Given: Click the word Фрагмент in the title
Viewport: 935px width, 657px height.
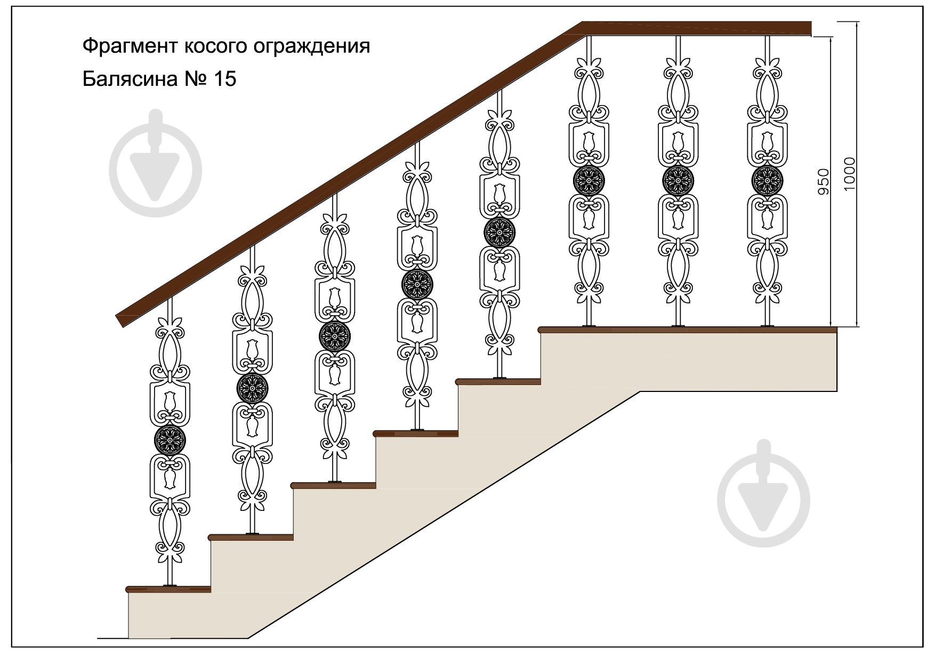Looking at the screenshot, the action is [x=130, y=46].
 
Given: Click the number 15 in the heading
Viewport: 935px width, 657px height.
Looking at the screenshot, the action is [x=224, y=79].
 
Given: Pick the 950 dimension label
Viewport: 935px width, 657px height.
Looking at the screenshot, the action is [x=824, y=181].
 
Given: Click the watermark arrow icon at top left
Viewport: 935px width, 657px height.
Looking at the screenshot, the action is [x=155, y=164].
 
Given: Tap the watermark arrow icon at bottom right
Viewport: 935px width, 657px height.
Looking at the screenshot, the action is [x=763, y=494].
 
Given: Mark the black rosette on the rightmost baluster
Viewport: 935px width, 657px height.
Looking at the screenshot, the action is [x=767, y=181].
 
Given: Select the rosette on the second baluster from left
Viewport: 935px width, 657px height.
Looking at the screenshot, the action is [x=252, y=388].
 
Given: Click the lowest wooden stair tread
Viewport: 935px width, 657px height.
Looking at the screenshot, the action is [x=168, y=589].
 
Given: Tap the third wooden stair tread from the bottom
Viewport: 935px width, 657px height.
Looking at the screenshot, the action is [x=334, y=485].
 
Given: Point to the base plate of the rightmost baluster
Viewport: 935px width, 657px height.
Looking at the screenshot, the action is [x=768, y=326].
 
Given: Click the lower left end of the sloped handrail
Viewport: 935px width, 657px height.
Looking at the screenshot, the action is [x=118, y=319].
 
